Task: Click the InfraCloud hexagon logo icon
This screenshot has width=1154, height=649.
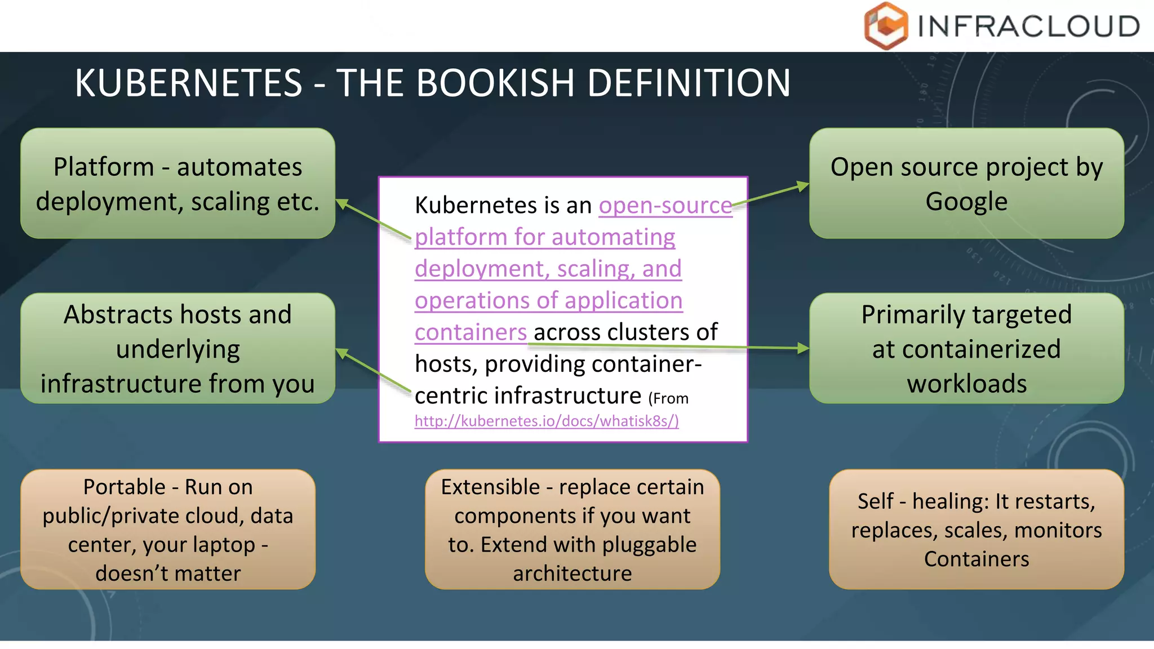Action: (886, 26)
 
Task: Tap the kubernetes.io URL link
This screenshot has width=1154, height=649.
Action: (547, 421)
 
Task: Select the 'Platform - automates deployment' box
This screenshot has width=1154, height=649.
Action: (177, 184)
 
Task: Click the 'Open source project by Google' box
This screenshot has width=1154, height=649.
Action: (966, 184)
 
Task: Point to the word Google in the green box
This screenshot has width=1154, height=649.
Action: (966, 202)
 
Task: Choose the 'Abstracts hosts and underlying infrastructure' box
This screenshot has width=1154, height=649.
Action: (177, 348)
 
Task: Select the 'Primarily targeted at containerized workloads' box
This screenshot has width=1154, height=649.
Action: (966, 348)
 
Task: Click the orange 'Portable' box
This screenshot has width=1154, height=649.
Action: (168, 530)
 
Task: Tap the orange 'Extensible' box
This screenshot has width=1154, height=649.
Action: (572, 530)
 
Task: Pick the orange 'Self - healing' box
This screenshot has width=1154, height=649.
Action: (977, 530)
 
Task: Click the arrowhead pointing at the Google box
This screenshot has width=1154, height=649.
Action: (802, 186)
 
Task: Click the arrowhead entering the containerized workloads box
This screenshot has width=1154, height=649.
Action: (802, 349)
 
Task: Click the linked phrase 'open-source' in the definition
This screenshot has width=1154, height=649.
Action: (665, 206)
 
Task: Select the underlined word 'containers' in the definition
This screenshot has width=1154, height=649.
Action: (471, 332)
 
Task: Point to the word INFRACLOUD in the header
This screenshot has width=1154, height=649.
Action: (1028, 26)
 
